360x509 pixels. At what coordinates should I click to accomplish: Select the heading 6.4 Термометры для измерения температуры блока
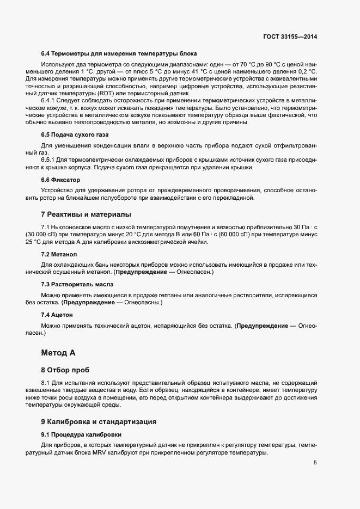119,54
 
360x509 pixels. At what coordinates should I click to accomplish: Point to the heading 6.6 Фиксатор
60,179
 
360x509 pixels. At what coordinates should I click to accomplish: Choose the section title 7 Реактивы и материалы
86,214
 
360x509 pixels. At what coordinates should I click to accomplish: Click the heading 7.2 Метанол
59,254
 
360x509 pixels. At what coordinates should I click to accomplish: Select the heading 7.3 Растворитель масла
77,285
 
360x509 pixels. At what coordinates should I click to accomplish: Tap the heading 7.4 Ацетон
57,315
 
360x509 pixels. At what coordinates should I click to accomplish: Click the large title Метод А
58,353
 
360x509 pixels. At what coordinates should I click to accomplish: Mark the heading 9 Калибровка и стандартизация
103,421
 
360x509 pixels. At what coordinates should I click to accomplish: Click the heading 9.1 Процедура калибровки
81,434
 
